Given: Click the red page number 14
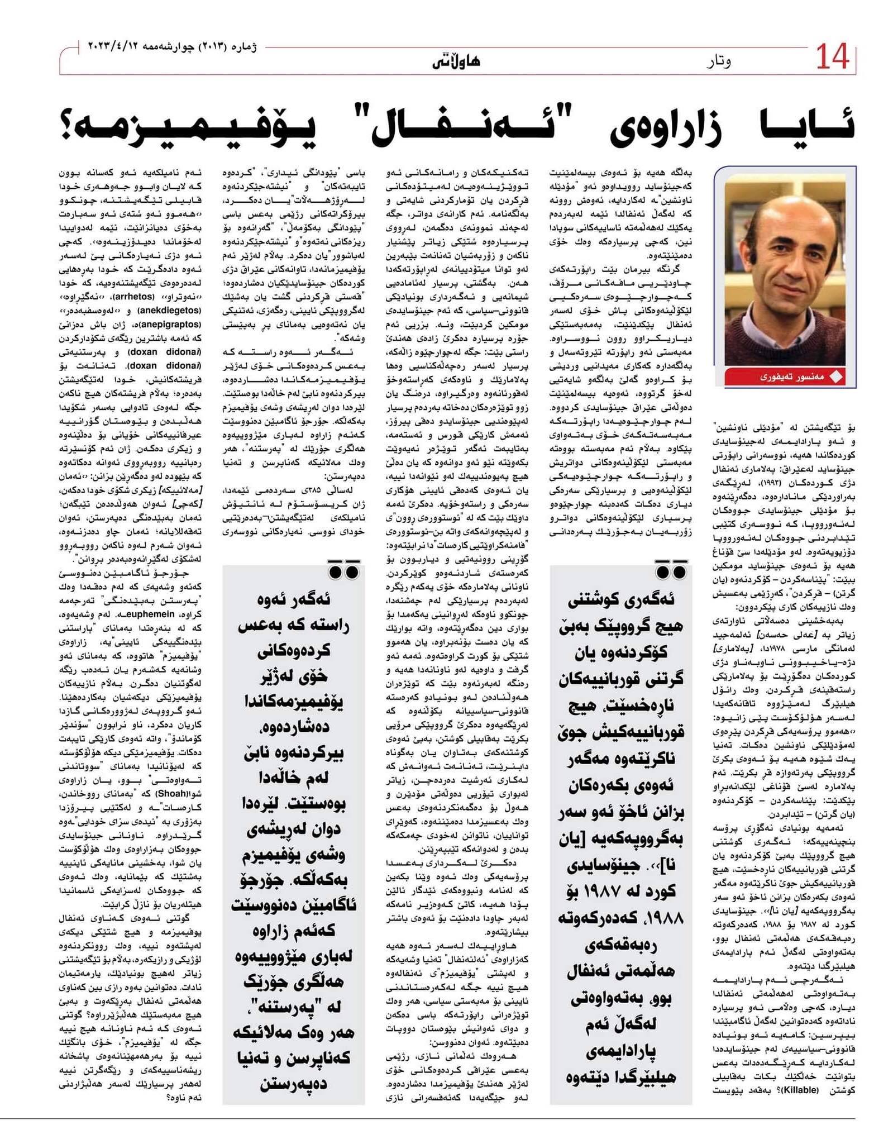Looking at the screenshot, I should click(832, 58).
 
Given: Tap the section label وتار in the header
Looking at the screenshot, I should click(718, 61).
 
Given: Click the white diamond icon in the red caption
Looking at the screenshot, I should click(836, 376).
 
